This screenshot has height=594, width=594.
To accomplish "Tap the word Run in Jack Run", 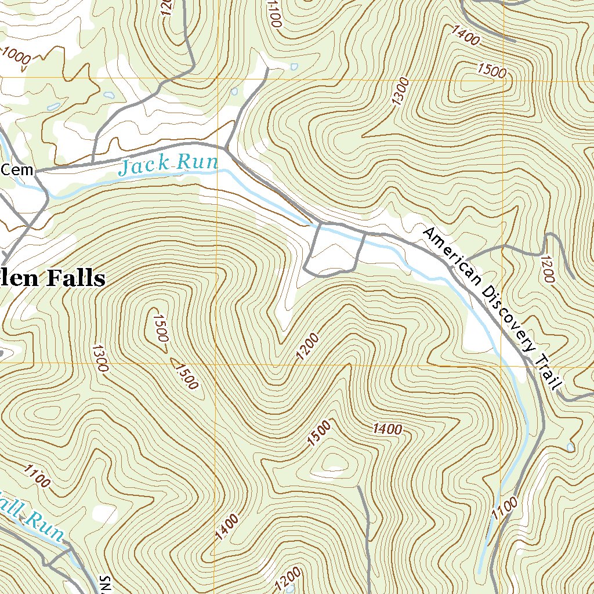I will click(x=197, y=162).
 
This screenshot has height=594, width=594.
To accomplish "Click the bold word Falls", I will click(x=73, y=278).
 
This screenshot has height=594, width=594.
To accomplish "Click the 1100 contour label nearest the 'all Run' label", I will click(x=37, y=476).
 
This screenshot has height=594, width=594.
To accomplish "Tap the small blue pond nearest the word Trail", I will click(x=571, y=447).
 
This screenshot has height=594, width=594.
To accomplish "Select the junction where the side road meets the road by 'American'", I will click(x=468, y=258).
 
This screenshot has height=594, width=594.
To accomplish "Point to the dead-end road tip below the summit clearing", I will click(x=359, y=487).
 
